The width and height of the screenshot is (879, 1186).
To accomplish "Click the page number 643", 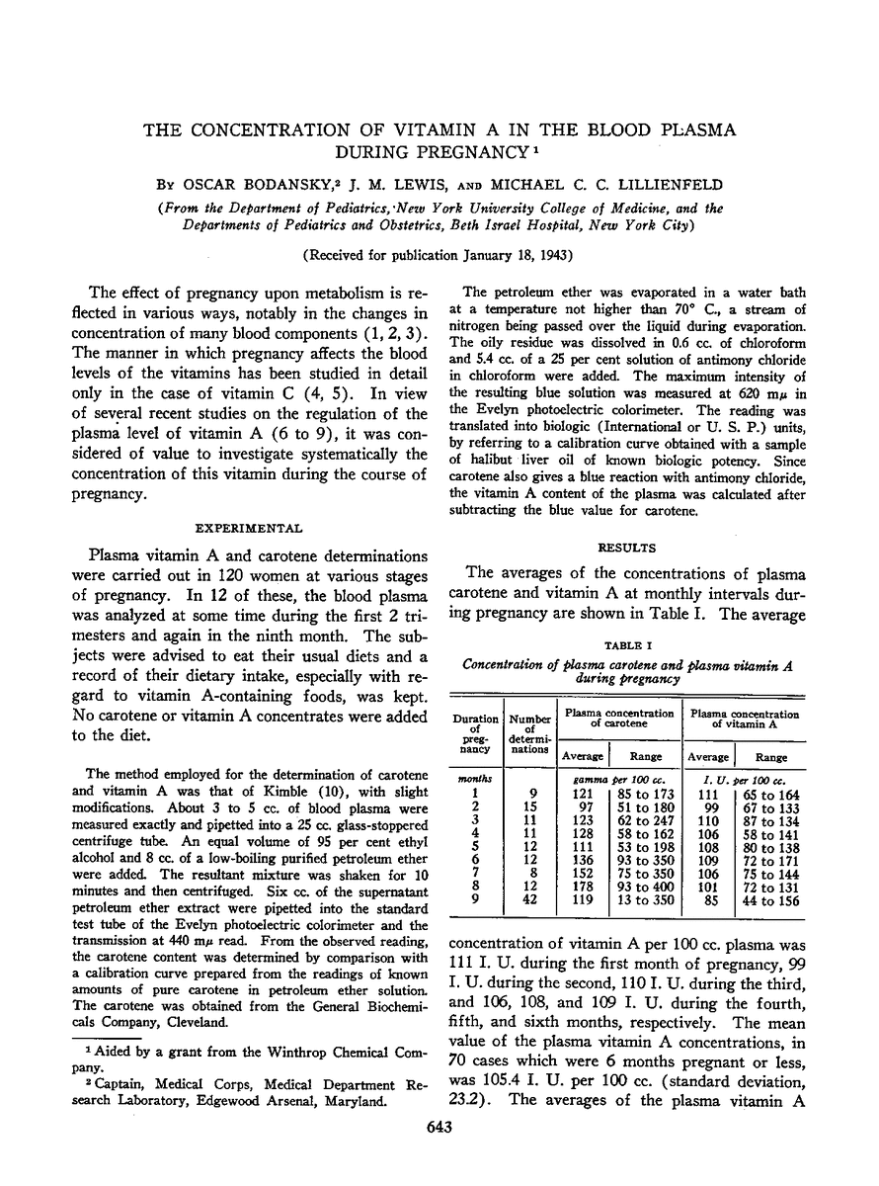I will [x=439, y=1151].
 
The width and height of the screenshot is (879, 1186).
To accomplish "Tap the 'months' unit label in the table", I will [x=475, y=778].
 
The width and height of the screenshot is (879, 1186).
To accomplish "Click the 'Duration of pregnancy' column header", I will [x=475, y=734].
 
